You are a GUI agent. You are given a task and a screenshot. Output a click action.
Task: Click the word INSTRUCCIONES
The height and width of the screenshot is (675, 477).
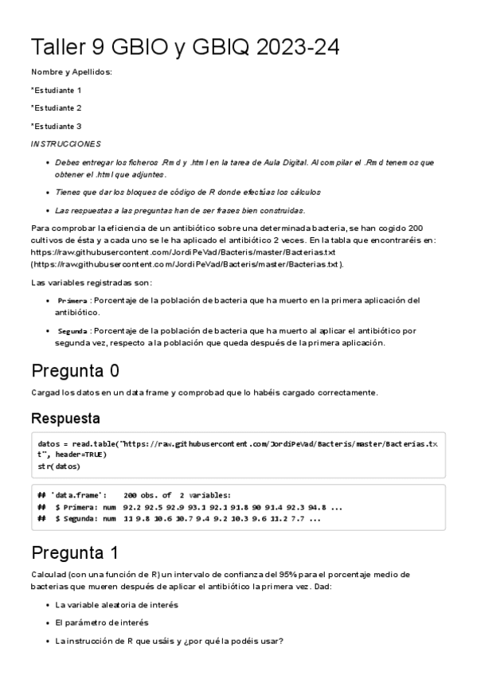coord(65,144)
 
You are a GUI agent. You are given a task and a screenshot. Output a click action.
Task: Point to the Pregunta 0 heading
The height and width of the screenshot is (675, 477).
coord(76,371)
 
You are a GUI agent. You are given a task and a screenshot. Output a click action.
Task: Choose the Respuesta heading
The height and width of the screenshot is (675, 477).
coord(65,417)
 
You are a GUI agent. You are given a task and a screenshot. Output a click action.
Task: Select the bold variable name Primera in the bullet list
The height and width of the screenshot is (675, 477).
coord(72,301)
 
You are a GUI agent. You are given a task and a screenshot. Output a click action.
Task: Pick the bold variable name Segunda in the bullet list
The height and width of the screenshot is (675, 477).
coord(72,330)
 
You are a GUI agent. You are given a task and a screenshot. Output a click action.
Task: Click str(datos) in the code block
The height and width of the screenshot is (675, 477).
coord(58,466)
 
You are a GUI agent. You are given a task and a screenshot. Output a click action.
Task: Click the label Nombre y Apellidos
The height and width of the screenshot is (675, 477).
coord(71,72)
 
